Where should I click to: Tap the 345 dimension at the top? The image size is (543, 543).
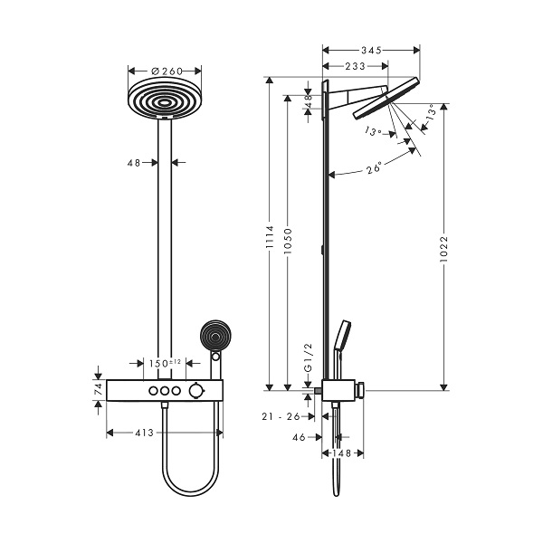coord(371,50)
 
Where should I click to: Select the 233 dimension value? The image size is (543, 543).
coord(355,66)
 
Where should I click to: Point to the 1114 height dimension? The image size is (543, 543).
coord(270,237)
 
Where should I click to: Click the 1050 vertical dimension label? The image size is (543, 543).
coord(288,241)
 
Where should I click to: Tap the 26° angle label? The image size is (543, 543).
coord(374,167)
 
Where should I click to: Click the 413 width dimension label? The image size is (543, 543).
coord(145,433)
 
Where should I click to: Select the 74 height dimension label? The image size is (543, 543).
coord(99,390)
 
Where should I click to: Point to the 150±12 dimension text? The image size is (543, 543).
coord(165,363)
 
